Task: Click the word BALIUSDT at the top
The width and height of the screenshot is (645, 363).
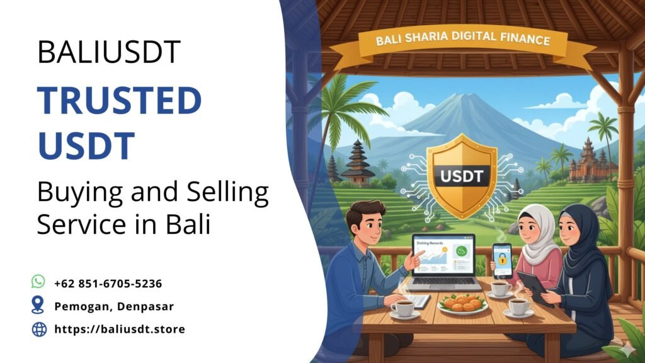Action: tap(109, 52)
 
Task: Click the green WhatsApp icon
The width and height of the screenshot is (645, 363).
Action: tap(38, 282)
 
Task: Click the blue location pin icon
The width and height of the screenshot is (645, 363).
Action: tap(38, 306)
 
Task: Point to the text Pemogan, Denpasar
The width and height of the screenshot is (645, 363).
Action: tap(113, 306)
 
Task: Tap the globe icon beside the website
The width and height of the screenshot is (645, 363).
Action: tap(39, 329)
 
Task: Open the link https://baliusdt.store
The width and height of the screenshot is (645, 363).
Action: tap(120, 329)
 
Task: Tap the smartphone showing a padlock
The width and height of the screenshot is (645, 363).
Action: tap(502, 260)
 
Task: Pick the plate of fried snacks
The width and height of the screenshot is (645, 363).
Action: tap(462, 303)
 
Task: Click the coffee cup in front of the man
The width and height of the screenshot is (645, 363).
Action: tap(404, 308)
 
